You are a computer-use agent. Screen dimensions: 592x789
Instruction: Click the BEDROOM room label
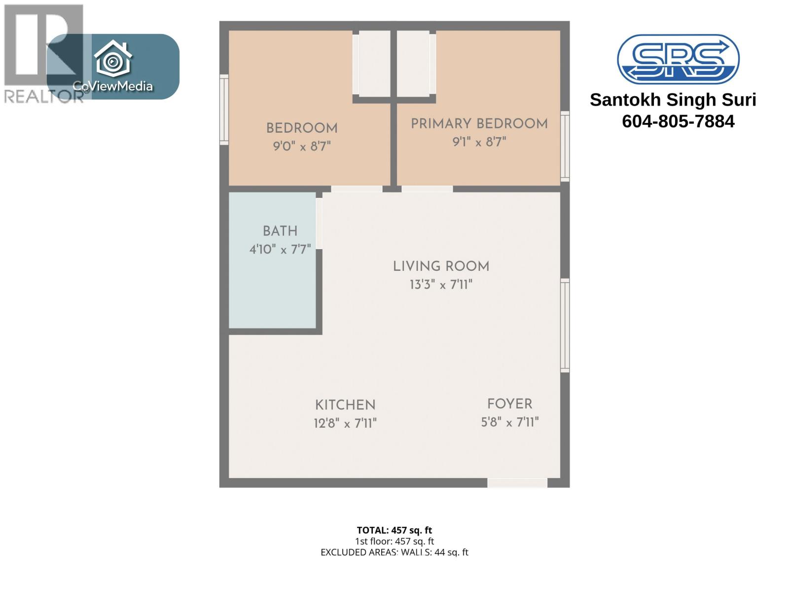pos(302,128)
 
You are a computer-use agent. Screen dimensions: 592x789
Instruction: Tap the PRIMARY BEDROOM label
pos(479,124)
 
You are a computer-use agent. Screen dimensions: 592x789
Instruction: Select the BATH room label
pos(280,231)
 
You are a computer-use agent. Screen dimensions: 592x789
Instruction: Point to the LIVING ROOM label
pos(441,266)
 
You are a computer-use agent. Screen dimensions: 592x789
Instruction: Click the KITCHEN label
pos(345,405)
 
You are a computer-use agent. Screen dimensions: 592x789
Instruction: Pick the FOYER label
pos(509,404)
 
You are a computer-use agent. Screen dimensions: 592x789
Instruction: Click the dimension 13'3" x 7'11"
pos(441,285)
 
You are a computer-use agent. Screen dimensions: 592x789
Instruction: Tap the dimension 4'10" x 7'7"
pos(280,249)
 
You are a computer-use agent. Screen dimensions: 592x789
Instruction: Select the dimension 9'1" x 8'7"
pos(479,142)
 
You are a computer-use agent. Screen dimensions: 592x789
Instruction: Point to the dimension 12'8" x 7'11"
pos(345,423)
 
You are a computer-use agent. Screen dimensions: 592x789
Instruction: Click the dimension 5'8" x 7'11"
pos(509,422)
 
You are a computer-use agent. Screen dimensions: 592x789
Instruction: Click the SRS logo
pos(678,59)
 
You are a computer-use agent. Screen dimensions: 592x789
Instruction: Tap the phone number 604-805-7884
pos(678,121)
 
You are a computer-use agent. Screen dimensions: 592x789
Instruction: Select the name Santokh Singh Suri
pos(673,100)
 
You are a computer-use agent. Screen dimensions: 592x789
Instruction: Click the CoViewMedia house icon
pos(113,59)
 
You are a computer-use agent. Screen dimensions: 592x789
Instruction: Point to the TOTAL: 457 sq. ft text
pos(394,530)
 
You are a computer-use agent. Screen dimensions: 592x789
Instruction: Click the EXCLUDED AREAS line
pos(394,553)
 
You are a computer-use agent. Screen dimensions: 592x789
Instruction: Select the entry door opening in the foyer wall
pos(517,483)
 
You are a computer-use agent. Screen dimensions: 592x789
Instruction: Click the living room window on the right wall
pos(565,326)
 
